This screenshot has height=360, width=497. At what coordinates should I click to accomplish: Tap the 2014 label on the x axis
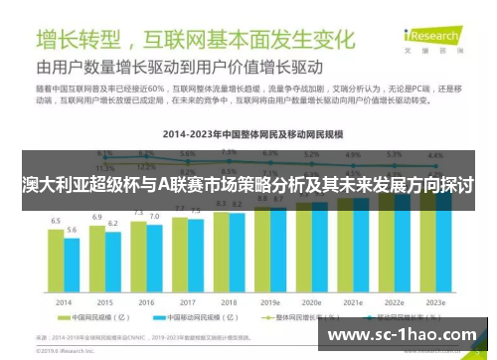click(x=64, y=302)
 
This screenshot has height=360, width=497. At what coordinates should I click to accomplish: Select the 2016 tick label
click(x=147, y=302)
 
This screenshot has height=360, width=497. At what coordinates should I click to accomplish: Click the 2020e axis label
click(x=311, y=302)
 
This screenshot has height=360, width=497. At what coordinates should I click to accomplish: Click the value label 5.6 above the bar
click(x=72, y=230)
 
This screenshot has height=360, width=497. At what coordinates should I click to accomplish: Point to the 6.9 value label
click(x=97, y=217)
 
